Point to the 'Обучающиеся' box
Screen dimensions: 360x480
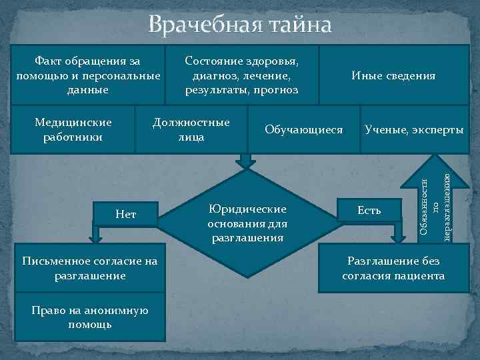click(x=303, y=129)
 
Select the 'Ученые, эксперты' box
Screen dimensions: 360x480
click(x=414, y=129)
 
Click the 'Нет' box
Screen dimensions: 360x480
click(x=126, y=214)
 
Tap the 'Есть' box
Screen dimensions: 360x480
click(x=369, y=211)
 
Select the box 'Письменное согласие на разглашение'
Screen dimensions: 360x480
click(x=89, y=268)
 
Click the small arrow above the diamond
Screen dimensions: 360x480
click(x=246, y=160)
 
